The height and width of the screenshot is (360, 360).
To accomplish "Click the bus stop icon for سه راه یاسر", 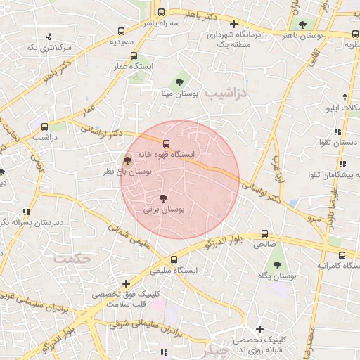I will pyautogui.click(x=161, y=12).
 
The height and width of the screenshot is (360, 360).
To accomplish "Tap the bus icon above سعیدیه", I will pyautogui.click(x=122, y=32).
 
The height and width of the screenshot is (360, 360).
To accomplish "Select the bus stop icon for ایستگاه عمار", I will pyautogui.click(x=134, y=57).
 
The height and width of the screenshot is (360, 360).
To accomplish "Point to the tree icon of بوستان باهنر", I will pyautogui.click(x=302, y=25).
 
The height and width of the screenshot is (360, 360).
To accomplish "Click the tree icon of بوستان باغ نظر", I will pyautogui.click(x=127, y=160).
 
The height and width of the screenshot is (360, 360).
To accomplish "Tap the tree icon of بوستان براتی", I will pyautogui.click(x=164, y=199).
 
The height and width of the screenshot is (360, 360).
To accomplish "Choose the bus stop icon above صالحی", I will pyautogui.click(x=265, y=234).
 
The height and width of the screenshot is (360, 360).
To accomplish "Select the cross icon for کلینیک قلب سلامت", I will pyautogui.click(x=125, y=283).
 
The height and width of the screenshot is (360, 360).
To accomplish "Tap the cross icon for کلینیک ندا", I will pyautogui.click(x=259, y=328).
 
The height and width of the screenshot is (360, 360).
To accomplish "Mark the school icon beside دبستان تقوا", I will pyautogui.click(x=338, y=131).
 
